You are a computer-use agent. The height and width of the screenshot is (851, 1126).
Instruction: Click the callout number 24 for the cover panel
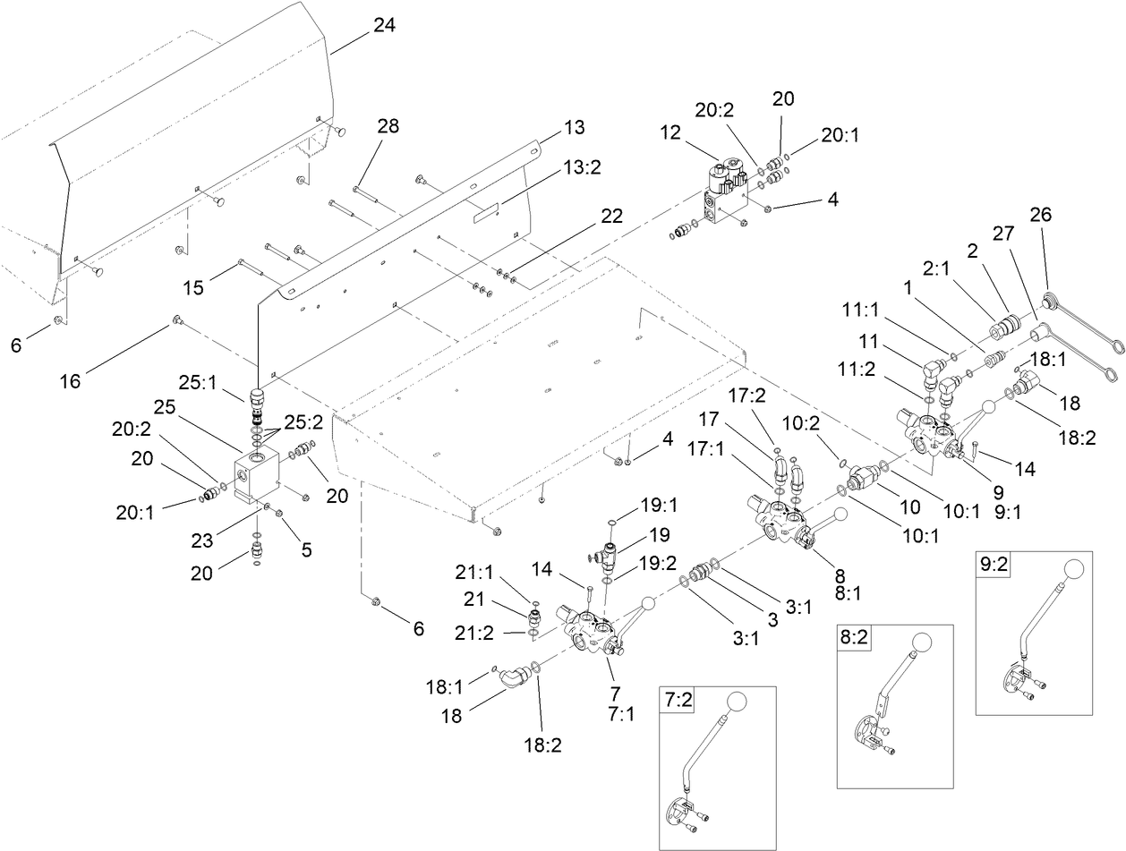383,27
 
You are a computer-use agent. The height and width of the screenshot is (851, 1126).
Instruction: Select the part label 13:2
581,167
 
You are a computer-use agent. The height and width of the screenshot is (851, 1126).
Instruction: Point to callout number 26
1040,215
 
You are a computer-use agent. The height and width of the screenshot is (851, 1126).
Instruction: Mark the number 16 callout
71,381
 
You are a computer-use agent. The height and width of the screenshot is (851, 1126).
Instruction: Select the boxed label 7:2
678,702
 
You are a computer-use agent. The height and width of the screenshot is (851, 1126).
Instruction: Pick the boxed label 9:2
994,566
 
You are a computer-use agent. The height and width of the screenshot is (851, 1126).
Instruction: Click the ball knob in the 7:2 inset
738,704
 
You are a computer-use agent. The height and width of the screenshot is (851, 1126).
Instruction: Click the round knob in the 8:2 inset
921,643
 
